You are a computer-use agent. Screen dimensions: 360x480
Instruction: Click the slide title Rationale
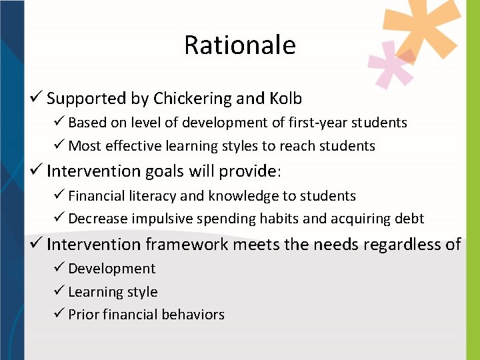[x=239, y=45]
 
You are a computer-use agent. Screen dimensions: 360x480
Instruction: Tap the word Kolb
[x=285, y=99]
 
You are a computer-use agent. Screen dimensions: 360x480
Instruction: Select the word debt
[x=408, y=219]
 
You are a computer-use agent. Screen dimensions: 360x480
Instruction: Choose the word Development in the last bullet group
[x=111, y=269]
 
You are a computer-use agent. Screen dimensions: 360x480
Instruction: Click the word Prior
[x=84, y=315]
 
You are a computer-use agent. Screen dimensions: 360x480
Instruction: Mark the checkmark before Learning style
[x=60, y=292]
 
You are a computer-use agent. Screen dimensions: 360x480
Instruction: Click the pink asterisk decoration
[x=393, y=64]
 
